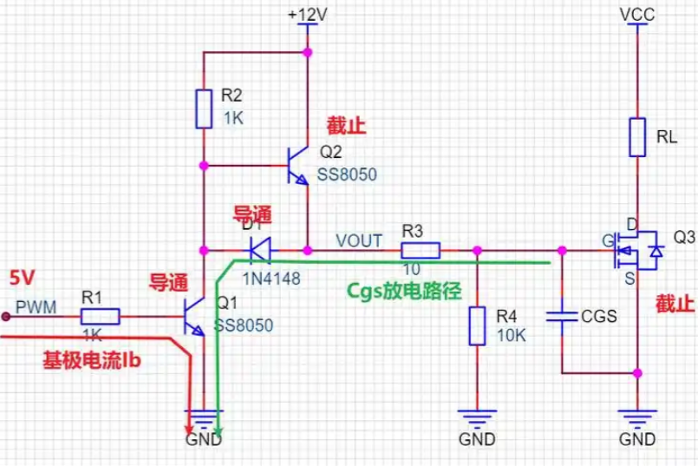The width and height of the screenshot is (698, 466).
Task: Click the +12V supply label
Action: pyautogui.click(x=304, y=14)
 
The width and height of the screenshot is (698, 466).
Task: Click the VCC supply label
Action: pyautogui.click(x=638, y=14)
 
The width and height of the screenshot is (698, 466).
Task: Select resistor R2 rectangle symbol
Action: pyautogui.click(x=204, y=108)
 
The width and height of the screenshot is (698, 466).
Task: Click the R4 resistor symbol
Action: pyautogui.click(x=476, y=326)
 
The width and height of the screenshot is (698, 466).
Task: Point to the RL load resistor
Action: pyautogui.click(x=638, y=137)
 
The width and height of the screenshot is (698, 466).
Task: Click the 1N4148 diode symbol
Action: pyautogui.click(x=258, y=252)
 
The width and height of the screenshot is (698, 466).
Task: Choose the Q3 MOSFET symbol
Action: pyautogui.click(x=638, y=252)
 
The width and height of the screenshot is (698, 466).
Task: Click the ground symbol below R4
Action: pyautogui.click(x=476, y=417)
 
